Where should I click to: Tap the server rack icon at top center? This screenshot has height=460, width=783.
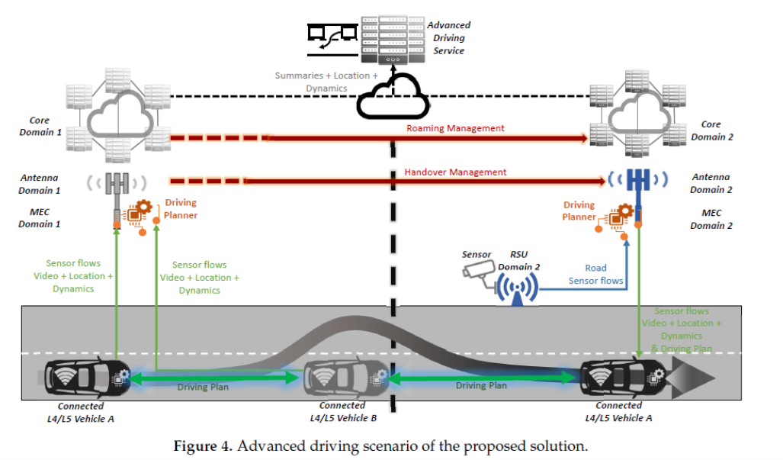(x=391, y=39)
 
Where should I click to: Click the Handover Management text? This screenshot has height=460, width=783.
(x=455, y=172)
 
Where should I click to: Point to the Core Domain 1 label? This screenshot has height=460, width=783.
(x=40, y=127)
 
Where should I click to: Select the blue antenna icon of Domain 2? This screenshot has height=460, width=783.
(x=637, y=181)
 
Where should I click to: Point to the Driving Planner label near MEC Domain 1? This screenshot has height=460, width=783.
(x=181, y=209)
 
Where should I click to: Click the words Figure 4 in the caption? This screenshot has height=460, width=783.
(x=201, y=445)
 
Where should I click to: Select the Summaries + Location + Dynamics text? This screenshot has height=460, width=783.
(x=326, y=82)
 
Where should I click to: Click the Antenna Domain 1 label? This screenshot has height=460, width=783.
(x=40, y=185)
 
